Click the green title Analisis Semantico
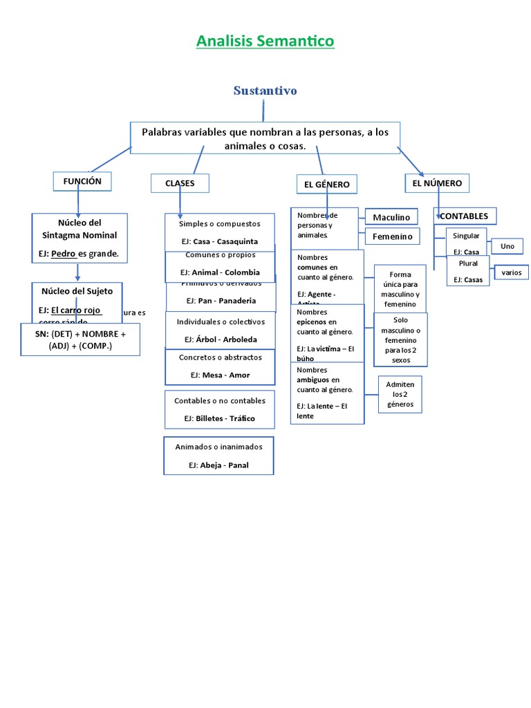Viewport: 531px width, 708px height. pos(265,41)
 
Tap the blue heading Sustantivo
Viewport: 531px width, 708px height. pos(265,91)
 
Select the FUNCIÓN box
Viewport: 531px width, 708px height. pos(82,181)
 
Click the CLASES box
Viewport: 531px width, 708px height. pos(180,183)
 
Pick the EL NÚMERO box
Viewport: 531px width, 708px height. pos(437,183)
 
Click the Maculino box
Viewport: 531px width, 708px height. pos(391,217)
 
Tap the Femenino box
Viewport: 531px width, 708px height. pos(392,236)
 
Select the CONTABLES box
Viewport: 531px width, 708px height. pos(464,216)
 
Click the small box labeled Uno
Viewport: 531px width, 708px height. pos(507,246)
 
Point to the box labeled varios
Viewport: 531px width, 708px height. pos(512,272)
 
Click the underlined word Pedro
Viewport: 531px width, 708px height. pos(64,254)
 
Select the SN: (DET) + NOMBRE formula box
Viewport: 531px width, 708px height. pos(80,339)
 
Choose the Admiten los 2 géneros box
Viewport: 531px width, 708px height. pos(400,394)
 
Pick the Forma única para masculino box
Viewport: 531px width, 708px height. pos(400,289)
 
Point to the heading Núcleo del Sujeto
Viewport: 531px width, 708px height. pos(77,291)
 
